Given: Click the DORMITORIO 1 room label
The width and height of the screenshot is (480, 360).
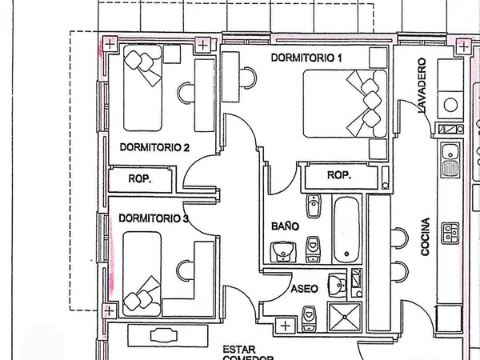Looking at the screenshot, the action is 306,58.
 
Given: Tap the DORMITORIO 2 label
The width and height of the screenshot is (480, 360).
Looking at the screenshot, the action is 154,147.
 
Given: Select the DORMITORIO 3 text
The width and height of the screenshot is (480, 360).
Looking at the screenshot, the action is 154,218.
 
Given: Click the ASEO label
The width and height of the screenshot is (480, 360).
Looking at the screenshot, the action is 304,289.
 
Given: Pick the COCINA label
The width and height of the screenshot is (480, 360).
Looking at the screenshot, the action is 426,237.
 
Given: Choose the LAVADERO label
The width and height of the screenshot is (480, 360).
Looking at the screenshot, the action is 422,86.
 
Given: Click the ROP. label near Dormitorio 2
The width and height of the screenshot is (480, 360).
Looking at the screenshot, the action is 139,178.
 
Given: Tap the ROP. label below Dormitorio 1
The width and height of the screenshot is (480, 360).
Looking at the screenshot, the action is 339,175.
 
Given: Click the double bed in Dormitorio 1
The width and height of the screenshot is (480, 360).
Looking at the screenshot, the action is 345,103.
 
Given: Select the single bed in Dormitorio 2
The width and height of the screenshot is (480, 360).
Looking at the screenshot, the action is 142,88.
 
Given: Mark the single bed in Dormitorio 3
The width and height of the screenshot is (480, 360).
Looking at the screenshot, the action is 142,274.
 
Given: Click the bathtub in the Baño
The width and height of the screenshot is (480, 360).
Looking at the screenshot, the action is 346,230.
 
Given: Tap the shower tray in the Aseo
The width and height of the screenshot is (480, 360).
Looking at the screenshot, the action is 345,317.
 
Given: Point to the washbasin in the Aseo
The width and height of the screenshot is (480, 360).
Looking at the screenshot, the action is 337,286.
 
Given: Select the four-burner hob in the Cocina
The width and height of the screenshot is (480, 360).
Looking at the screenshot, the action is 450,233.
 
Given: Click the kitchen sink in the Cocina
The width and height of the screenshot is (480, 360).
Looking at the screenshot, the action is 450,161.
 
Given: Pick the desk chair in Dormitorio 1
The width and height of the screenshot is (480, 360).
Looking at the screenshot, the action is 248,78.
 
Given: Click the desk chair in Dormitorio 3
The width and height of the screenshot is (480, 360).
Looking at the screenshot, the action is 186,270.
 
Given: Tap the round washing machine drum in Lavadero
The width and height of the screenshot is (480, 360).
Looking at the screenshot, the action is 450,105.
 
